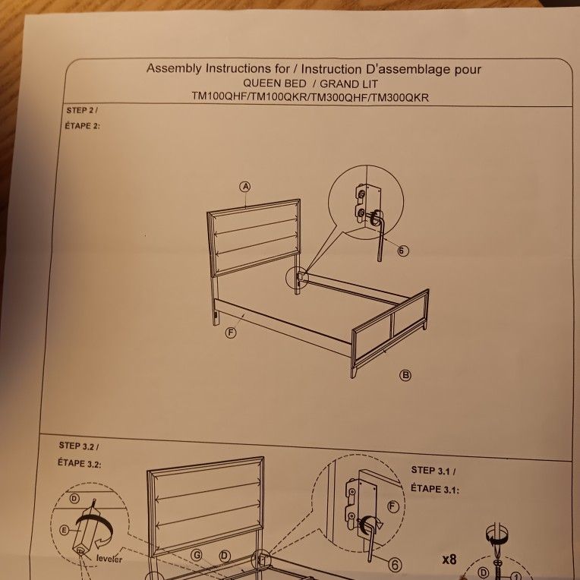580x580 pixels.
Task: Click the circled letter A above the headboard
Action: click(x=245, y=186)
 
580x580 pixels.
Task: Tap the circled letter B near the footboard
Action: click(x=405, y=375)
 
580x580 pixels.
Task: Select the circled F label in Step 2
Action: click(x=231, y=333)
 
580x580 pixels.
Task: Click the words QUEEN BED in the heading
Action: click(x=275, y=83)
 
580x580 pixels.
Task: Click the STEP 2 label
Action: click(x=82, y=111)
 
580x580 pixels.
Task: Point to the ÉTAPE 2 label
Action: click(x=83, y=125)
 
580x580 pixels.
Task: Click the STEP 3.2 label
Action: click(x=79, y=445)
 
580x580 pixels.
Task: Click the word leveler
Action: click(x=109, y=560)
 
